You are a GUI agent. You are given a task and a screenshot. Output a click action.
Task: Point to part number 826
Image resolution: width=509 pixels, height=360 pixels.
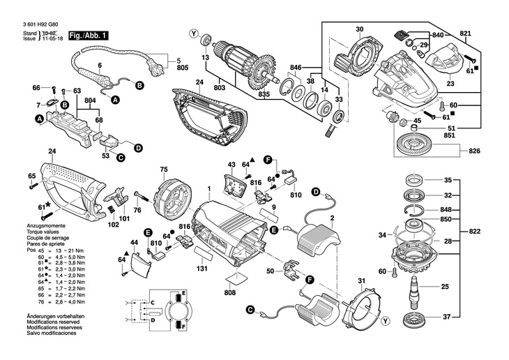click(x=474, y=151)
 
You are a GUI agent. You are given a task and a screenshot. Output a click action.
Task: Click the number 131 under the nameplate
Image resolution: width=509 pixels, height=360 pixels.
click(x=203, y=269)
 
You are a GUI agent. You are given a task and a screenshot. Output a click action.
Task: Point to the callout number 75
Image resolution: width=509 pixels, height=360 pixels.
click(x=164, y=170)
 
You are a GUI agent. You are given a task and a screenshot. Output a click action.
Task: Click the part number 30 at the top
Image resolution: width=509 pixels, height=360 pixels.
click(x=359, y=29)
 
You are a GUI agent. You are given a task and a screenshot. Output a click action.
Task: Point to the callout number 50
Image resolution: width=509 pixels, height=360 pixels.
click(x=270, y=270)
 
